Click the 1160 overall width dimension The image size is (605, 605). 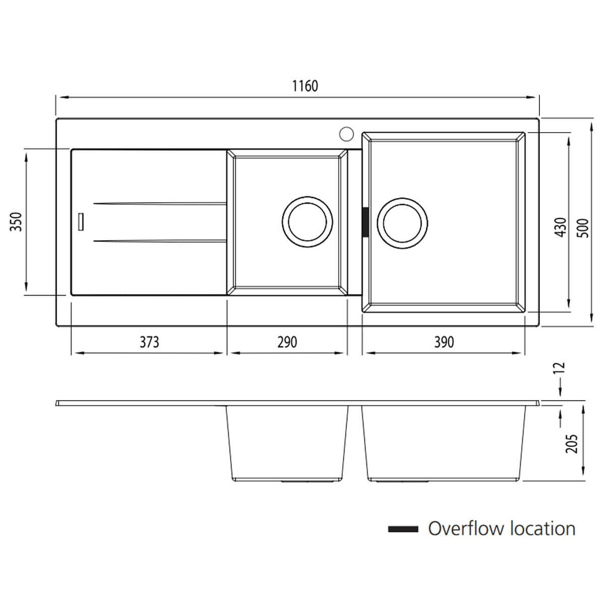coord(305,86)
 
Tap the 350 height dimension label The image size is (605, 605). coord(16,222)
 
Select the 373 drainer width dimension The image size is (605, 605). coord(149,342)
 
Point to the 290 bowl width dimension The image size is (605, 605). coord(287,342)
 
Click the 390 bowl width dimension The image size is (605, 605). coord(444,342)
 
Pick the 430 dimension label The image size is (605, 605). coord(561,227)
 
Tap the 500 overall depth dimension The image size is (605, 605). coord(583,228)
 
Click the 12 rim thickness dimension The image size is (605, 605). coord(561,368)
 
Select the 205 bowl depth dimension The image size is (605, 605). coord(571,444)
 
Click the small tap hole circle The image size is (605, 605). coord(346,134)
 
